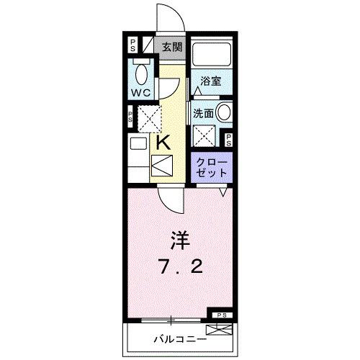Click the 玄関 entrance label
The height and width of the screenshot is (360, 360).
(171, 48)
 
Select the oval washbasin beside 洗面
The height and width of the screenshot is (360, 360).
(223, 113)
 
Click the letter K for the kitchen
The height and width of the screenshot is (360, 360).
(164, 143)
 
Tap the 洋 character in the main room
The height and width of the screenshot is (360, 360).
(180, 238)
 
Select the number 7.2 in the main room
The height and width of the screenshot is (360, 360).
(180, 266)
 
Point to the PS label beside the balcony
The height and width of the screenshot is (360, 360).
(220, 315)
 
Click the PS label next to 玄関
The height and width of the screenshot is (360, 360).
(132, 45)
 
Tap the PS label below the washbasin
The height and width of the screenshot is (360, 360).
(228, 140)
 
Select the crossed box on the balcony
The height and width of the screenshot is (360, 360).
(225, 330)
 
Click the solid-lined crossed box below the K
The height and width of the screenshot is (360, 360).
(162, 167)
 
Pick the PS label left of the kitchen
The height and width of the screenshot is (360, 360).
(130, 115)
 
